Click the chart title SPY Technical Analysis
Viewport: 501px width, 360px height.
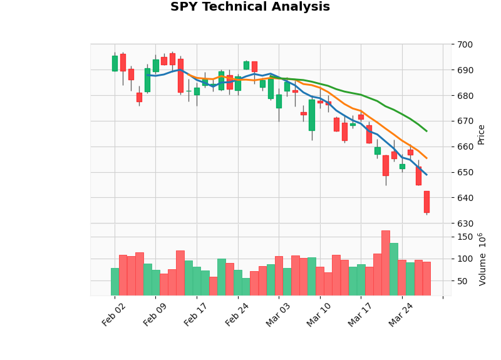pyautogui.click(x=250, y=8)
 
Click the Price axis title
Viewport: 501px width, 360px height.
pyautogui.click(x=482, y=134)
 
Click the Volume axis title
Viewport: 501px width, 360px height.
pyautogui.click(x=482, y=259)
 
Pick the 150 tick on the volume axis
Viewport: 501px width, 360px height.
pyautogui.click(x=465, y=237)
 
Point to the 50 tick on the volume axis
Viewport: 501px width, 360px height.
pyautogui.click(x=463, y=281)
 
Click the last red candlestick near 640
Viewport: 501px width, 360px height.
pyautogui.click(x=426, y=202)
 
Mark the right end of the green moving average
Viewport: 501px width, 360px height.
pyautogui.click(x=426, y=131)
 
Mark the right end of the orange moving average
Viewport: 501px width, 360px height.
pyautogui.click(x=426, y=158)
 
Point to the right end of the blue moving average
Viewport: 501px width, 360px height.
pyautogui.click(x=426, y=175)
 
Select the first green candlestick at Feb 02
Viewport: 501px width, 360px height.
pyautogui.click(x=115, y=63)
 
